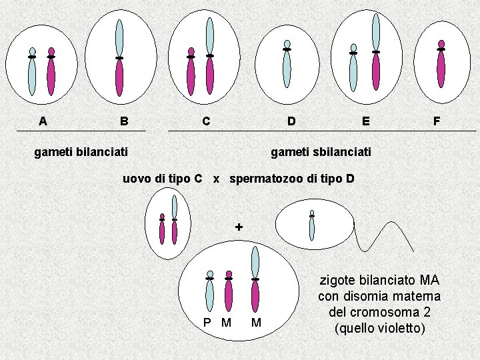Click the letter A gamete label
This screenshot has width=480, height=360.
tap(43, 121)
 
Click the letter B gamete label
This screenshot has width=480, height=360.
tap(124, 121)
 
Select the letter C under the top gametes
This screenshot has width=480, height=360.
tap(207, 121)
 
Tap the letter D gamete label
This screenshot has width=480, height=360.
tap(291, 121)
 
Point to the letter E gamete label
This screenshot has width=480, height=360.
tap(365, 121)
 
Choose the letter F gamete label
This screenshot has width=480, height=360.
tap(437, 121)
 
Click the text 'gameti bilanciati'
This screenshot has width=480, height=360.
tap(81, 152)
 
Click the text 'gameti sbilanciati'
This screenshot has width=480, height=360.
tap(321, 152)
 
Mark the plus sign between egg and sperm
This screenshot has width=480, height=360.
tap(239, 227)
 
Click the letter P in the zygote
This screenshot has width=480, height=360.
tap(207, 323)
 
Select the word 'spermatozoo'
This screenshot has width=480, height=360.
tap(267, 179)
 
